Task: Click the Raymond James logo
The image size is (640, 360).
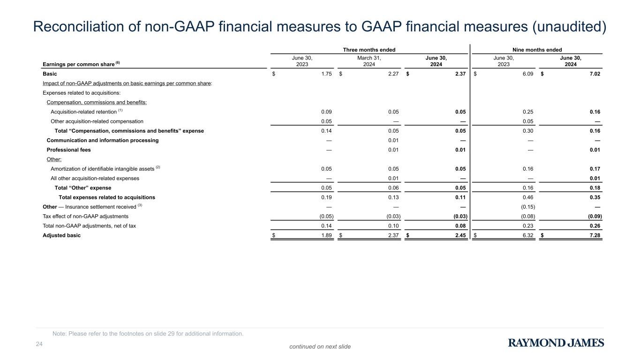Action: (x=556, y=343)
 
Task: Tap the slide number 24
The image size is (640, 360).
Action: (x=39, y=345)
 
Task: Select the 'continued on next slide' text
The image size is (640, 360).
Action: (x=320, y=347)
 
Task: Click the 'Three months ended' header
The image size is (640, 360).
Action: (x=369, y=50)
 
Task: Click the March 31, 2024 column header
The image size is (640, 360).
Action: (x=369, y=61)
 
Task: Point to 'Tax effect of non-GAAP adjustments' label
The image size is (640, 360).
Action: (x=85, y=217)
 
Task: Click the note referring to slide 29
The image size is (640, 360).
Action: (x=148, y=334)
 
